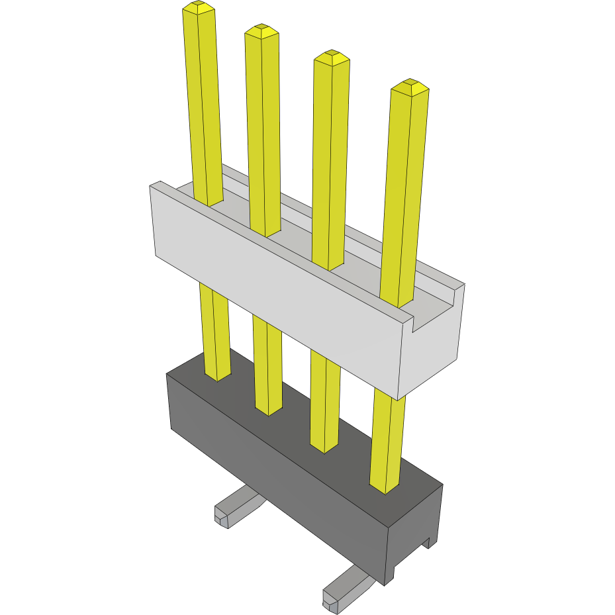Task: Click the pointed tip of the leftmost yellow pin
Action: (199, 9)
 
